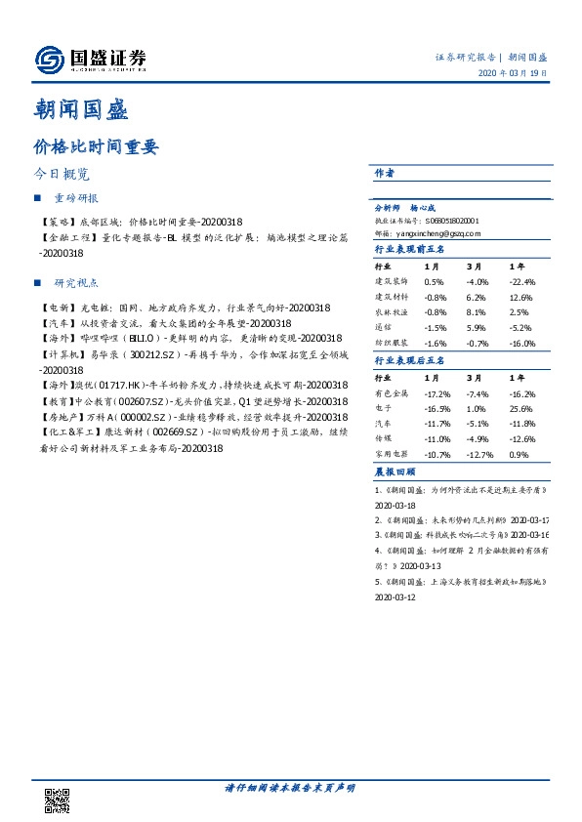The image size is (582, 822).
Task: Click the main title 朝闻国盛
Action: (x=80, y=109)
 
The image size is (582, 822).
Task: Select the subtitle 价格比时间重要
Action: (x=95, y=147)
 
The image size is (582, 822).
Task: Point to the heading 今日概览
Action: (x=62, y=174)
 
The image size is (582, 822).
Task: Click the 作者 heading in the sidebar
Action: (x=384, y=173)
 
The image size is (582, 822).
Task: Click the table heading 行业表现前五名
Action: (x=409, y=250)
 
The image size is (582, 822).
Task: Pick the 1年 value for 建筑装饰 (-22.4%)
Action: (x=523, y=281)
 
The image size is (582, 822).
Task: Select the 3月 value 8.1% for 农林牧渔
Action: (x=477, y=312)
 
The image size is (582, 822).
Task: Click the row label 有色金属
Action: (x=391, y=392)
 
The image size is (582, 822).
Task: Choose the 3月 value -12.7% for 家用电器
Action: (x=478, y=455)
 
